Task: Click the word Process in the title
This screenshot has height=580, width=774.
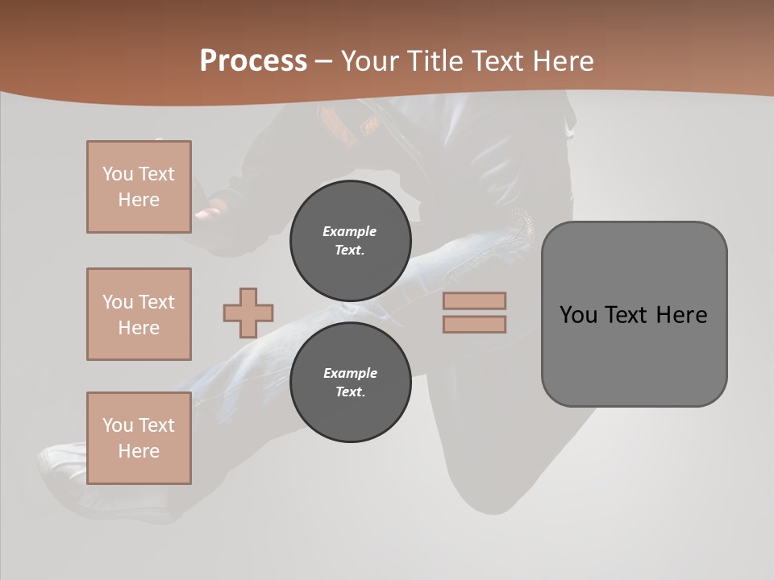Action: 253,61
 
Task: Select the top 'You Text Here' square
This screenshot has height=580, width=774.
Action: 139,187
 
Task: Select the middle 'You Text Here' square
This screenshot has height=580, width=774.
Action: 139,314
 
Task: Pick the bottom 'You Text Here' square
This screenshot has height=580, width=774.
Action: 139,438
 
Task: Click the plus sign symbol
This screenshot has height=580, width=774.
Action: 248,313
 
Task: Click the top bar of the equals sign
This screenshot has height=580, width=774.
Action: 474,300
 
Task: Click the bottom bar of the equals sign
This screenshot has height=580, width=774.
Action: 474,324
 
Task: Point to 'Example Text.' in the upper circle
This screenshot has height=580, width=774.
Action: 350,240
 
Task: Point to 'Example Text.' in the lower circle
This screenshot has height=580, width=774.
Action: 350,383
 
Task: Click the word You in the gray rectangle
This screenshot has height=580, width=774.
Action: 579,315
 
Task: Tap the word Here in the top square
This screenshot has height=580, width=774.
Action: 139,200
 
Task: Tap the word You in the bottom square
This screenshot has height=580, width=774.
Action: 118,425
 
